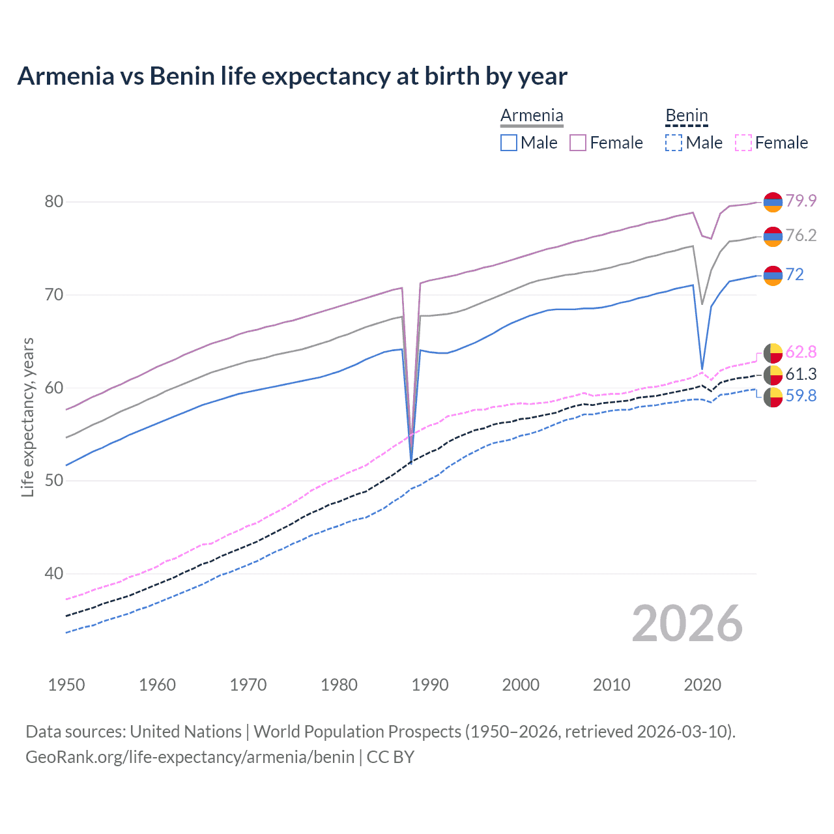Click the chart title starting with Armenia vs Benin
[292, 76]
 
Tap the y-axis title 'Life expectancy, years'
[27, 417]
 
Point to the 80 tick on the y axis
[54, 202]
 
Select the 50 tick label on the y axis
[54, 481]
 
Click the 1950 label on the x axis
[66, 685]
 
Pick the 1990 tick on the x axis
[430, 685]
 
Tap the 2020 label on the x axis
[702, 685]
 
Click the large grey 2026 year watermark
[687, 624]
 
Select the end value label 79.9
[801, 201]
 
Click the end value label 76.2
[801, 235]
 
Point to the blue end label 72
[795, 274]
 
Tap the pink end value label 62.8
[801, 352]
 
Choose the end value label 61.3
[801, 374]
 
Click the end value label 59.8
[801, 395]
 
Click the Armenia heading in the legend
[532, 115]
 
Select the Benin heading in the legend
[686, 115]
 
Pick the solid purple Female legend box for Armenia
[578, 143]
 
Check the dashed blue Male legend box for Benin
[674, 143]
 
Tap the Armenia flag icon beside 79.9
[773, 202]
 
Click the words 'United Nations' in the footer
[186, 732]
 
